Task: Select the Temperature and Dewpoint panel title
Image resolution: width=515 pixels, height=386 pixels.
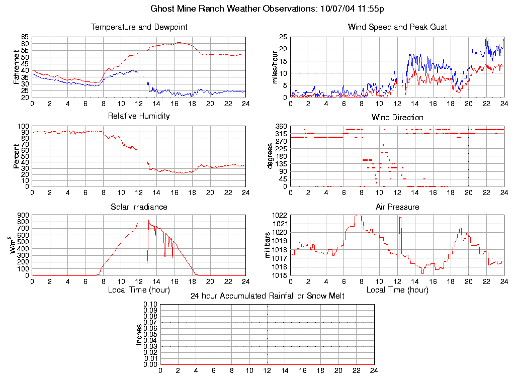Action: [139, 27]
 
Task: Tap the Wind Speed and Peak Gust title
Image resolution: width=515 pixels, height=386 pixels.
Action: [397, 27]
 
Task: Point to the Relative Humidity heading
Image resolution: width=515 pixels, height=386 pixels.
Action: [139, 116]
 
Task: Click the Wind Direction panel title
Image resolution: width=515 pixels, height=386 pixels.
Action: [397, 117]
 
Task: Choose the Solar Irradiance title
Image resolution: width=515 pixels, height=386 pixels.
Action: [139, 207]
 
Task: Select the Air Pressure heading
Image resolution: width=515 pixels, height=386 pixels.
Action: [397, 207]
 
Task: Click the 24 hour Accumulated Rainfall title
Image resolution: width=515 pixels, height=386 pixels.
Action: [267, 296]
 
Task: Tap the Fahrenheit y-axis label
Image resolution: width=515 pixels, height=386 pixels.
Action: [17, 67]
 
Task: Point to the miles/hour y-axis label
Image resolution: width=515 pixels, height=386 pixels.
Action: [275, 67]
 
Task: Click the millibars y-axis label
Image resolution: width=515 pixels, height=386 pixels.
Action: [268, 245]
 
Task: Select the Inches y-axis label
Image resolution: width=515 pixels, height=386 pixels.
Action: [139, 334]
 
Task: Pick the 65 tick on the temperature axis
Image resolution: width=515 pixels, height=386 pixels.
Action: [25, 37]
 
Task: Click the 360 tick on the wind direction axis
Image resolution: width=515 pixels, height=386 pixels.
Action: [281, 126]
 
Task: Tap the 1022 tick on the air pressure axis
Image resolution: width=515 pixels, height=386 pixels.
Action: [280, 216]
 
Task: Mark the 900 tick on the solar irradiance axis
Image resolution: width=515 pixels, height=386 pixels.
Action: [23, 216]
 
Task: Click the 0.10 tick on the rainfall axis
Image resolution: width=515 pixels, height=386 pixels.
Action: [150, 305]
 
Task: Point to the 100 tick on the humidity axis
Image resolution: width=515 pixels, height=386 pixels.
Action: [23, 126]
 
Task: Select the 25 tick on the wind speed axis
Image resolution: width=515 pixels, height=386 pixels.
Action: [283, 37]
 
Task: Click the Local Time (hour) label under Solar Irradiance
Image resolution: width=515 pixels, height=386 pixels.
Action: [139, 289]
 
